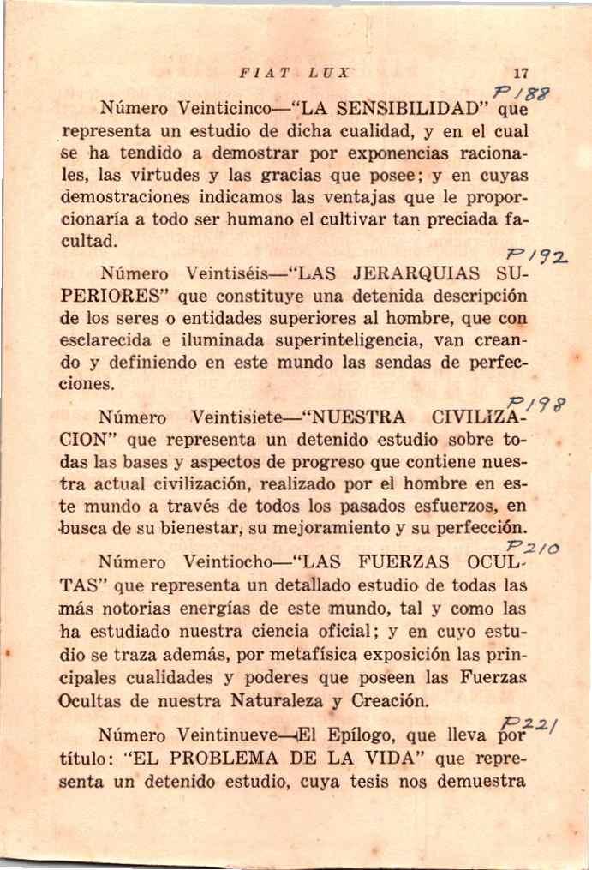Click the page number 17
pos(518,73)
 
